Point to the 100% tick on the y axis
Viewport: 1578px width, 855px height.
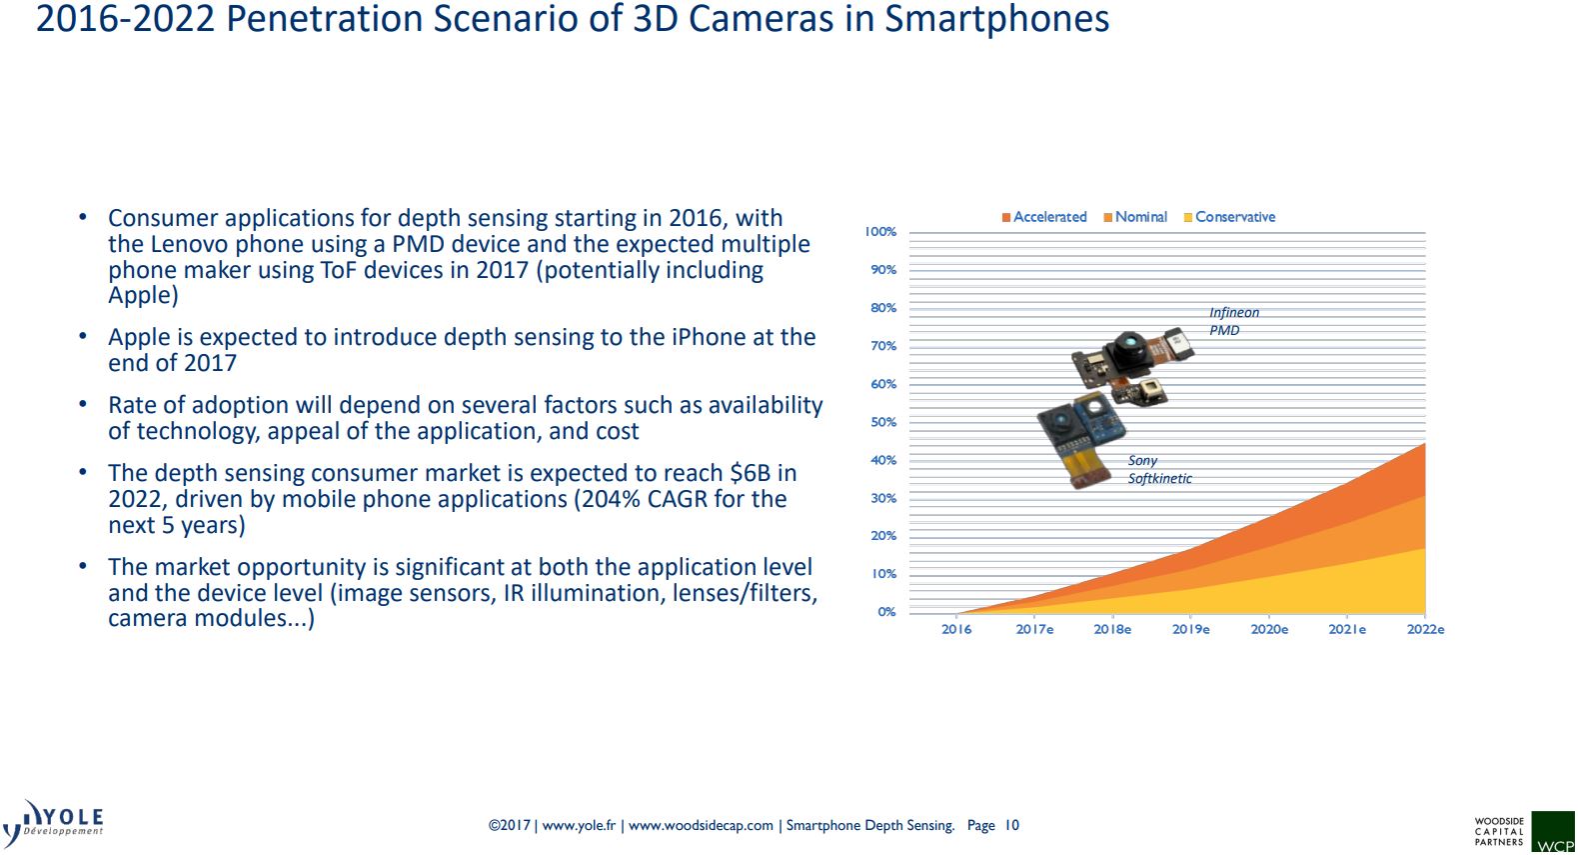click(x=880, y=232)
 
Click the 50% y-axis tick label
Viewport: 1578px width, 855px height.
click(x=883, y=422)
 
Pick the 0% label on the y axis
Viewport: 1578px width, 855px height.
click(x=886, y=612)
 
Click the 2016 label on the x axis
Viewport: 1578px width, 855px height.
click(x=956, y=630)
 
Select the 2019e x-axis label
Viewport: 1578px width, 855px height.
click(x=1190, y=630)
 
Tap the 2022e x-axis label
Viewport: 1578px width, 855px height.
click(x=1425, y=630)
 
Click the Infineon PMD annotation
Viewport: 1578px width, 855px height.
click(x=1233, y=321)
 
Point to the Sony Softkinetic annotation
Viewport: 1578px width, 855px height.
click(x=1159, y=470)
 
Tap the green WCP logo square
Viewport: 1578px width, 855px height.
click(x=1554, y=833)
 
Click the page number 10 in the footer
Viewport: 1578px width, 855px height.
click(x=1012, y=826)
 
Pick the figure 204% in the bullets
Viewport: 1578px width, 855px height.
click(x=612, y=499)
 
